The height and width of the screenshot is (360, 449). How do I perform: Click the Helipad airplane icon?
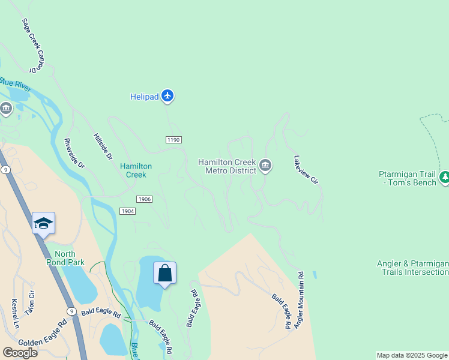tap(167, 96)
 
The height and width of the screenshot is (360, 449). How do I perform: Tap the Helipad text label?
tap(145, 96)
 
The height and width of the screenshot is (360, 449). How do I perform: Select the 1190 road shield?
tap(173, 140)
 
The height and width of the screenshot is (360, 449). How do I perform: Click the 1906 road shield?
tap(144, 199)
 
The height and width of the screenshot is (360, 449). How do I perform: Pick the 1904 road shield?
tap(127, 211)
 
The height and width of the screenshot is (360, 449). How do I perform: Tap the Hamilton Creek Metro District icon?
tap(265, 166)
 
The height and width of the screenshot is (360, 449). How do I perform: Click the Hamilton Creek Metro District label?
tap(228, 166)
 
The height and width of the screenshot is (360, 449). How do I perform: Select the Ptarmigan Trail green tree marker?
tap(445, 177)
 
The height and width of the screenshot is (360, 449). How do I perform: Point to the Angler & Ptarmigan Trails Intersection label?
tap(412, 268)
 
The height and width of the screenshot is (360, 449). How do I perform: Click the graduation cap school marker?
tap(44, 224)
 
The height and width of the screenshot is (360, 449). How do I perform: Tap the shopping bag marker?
tap(165, 274)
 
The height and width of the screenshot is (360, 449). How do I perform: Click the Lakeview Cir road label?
tap(306, 170)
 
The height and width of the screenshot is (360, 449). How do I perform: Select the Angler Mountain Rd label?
tap(301, 299)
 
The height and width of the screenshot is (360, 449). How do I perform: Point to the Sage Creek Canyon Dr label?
tap(34, 46)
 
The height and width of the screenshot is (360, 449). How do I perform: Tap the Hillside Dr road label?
tap(103, 146)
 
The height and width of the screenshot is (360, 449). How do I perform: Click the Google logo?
tap(20, 353)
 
